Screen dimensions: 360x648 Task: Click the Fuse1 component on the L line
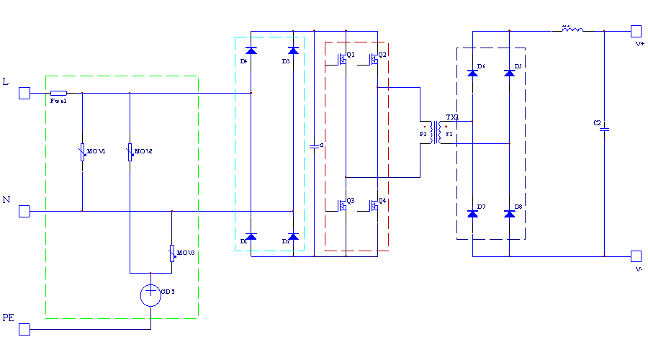(x=59, y=93)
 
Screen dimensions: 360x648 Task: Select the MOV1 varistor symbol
(x=82, y=152)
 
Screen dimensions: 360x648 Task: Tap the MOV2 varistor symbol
(x=130, y=152)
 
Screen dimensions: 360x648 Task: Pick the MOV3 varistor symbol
(x=172, y=253)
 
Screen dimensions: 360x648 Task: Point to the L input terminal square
(x=24, y=93)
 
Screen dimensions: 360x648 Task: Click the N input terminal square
(x=24, y=211)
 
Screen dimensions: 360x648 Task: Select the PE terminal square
(x=24, y=329)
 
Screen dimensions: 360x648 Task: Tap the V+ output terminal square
(x=636, y=31)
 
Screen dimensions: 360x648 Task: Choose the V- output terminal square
(x=636, y=256)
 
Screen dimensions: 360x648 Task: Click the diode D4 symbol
(x=251, y=51)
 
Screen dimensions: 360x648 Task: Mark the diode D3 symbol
(x=292, y=51)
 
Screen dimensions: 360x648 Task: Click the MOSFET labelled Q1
(x=343, y=59)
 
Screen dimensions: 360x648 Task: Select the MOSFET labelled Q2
(x=374, y=59)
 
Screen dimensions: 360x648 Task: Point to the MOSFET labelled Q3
(x=343, y=205)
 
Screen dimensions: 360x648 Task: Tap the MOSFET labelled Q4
(x=374, y=205)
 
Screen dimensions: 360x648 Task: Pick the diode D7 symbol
(x=473, y=213)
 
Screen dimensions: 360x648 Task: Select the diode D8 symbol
(x=510, y=213)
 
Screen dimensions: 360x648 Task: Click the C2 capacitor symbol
(x=605, y=130)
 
